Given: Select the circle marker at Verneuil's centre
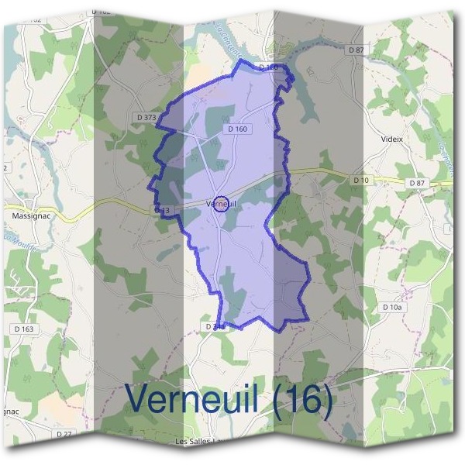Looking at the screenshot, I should click(220, 204).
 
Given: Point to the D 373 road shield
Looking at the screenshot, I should click(146, 117).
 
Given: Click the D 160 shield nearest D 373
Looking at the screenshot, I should click(237, 129).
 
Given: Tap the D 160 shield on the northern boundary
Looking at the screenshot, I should click(268, 67).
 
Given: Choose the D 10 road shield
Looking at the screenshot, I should click(361, 180).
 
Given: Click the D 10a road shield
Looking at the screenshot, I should click(393, 308).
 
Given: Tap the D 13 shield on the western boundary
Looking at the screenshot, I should click(162, 210).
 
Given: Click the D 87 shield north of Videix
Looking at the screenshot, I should click(356, 50).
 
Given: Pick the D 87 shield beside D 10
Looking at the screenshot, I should click(417, 182).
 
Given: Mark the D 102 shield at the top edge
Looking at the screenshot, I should click(100, 12).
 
